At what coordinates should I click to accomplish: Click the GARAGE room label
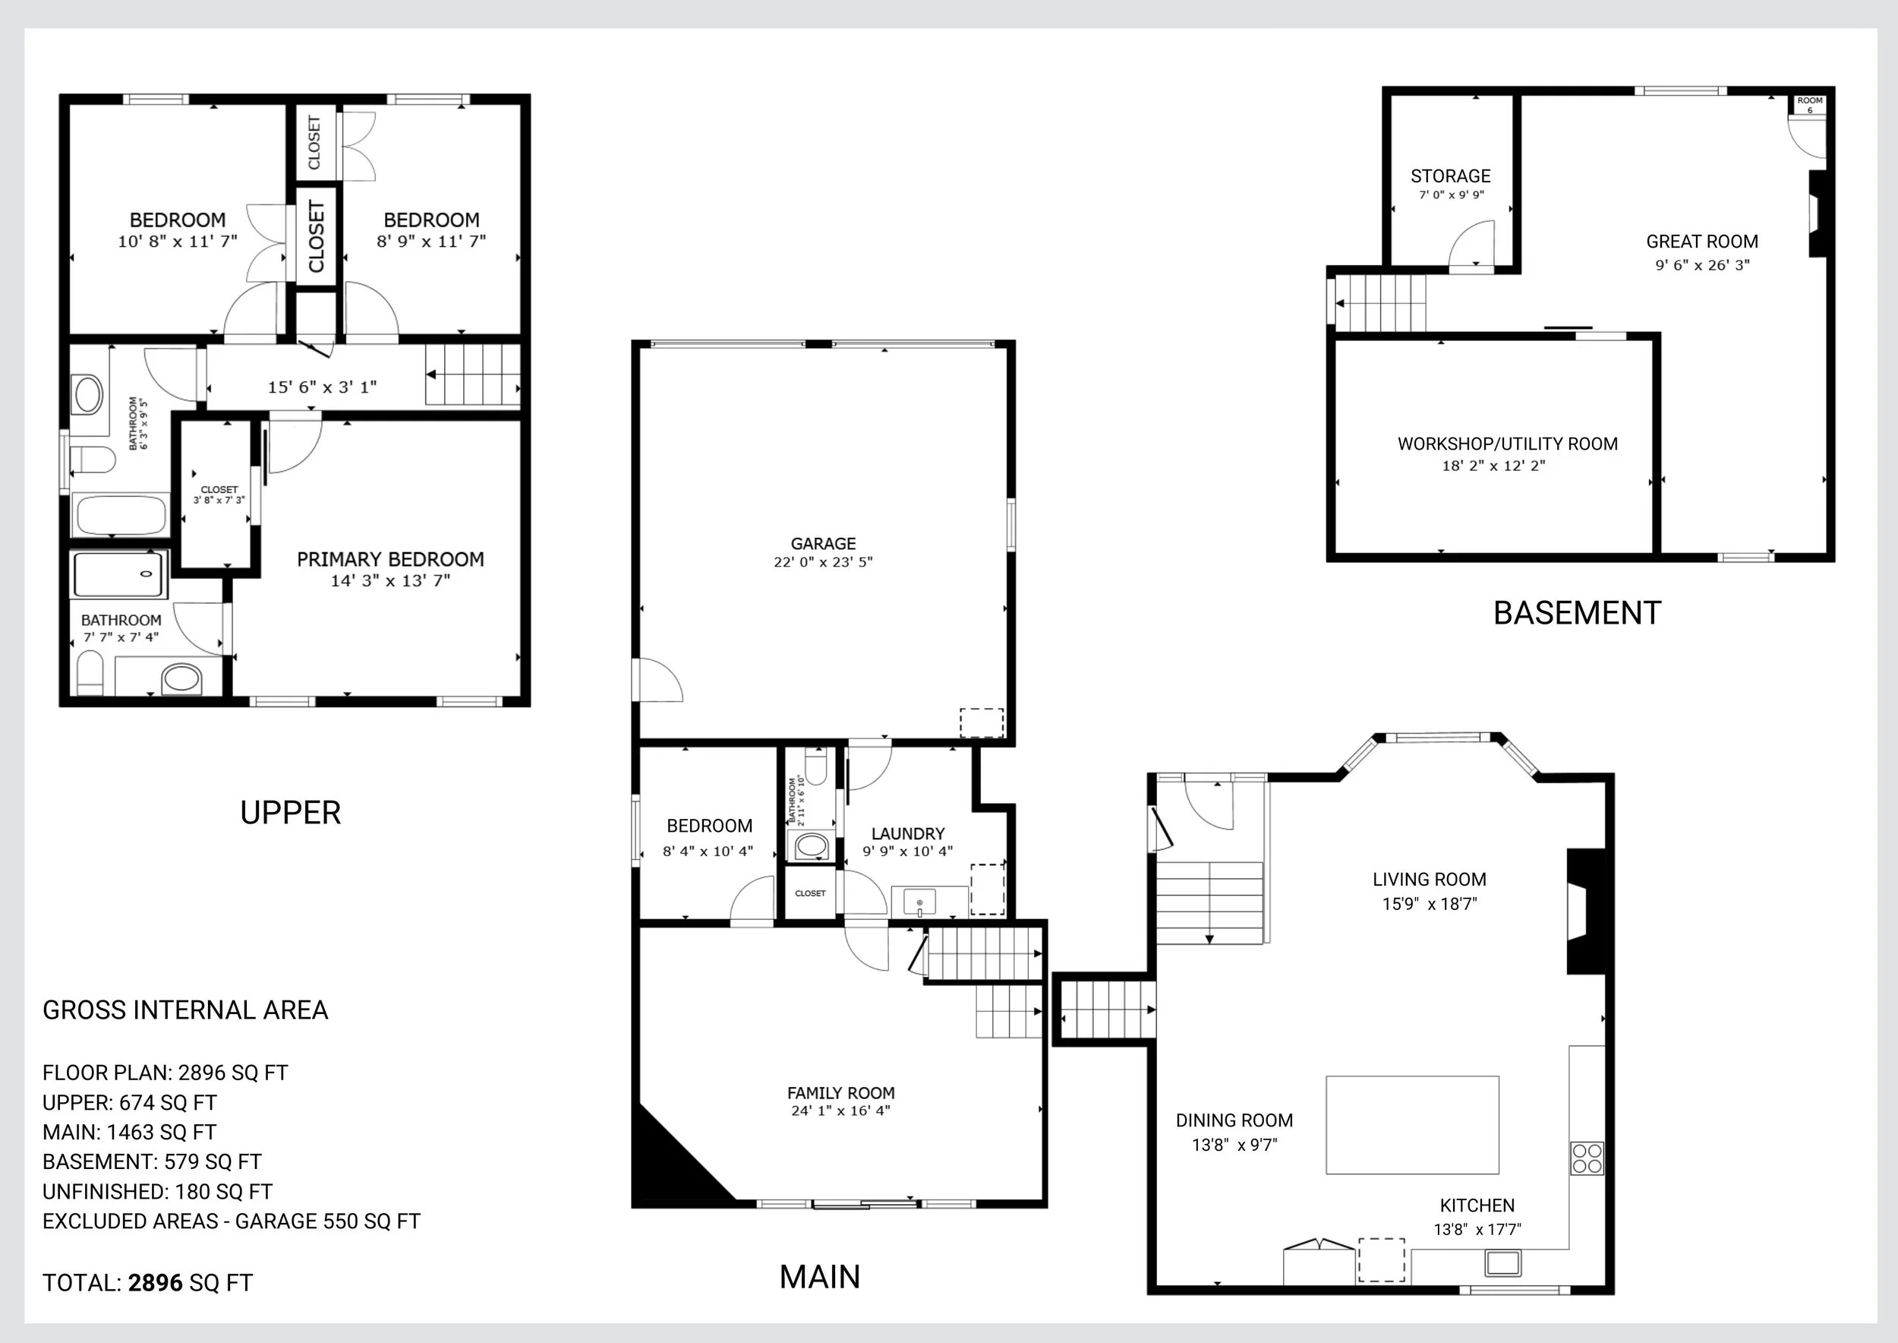click(823, 544)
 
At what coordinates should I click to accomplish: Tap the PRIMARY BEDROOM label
click(390, 559)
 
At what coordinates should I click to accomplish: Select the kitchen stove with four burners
click(1587, 1158)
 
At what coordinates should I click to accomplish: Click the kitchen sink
click(1503, 1262)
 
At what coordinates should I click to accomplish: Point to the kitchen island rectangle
click(1412, 1125)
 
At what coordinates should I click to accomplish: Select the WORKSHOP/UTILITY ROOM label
click(1508, 444)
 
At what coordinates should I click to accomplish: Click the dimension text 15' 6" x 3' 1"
click(322, 387)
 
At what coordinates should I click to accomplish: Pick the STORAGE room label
click(1451, 176)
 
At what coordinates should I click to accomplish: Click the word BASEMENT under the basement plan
click(1578, 614)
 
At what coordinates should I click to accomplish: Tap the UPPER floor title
click(290, 813)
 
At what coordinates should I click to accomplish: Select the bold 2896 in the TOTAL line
click(156, 1283)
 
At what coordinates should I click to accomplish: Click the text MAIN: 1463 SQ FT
click(129, 1132)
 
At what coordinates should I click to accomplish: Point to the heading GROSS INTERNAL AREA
click(185, 1010)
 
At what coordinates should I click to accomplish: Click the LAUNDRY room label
click(908, 833)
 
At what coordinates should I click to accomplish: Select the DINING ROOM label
click(1234, 1120)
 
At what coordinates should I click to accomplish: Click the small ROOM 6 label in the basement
click(1809, 105)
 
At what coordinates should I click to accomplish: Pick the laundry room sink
click(919, 902)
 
